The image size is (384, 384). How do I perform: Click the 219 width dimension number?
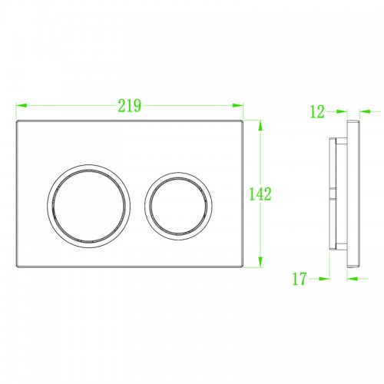[x=129, y=105]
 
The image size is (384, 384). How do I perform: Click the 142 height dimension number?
[x=260, y=194]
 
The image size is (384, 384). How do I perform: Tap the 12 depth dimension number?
[x=317, y=111]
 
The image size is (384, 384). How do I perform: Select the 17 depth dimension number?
[x=300, y=279]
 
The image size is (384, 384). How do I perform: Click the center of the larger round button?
[x=88, y=206]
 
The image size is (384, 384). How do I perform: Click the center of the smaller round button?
[x=178, y=206]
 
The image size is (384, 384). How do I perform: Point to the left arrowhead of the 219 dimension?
[x=22, y=105]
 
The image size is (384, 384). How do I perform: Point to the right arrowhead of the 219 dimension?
[x=237, y=105]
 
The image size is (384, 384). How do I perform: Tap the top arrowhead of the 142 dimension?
[x=260, y=126]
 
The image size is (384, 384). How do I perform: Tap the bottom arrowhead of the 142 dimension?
[x=260, y=262]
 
